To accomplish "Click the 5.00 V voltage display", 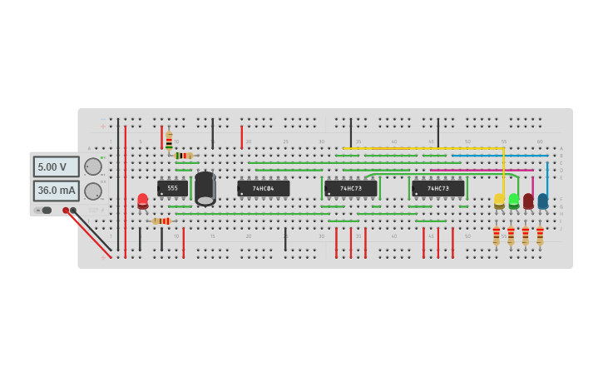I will [x=57, y=166].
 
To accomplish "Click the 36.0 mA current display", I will [x=57, y=191].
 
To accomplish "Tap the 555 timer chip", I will [x=172, y=189].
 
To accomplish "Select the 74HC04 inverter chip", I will [x=264, y=189].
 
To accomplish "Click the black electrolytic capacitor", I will [x=205, y=188].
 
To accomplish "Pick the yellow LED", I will [x=499, y=201].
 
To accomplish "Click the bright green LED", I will [x=514, y=201].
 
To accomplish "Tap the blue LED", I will [x=543, y=201].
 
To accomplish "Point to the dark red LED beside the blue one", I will [x=528, y=201].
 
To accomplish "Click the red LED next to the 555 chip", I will [x=143, y=201].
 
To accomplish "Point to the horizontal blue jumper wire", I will [x=499, y=156].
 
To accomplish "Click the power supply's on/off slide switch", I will [x=46, y=211].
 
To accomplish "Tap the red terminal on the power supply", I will [x=66, y=211].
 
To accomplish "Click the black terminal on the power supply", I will [x=73, y=211].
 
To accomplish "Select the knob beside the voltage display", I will [x=93, y=166].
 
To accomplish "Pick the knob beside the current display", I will [x=93, y=191].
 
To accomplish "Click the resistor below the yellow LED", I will [x=497, y=236].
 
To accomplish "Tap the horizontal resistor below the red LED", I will [x=161, y=221].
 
